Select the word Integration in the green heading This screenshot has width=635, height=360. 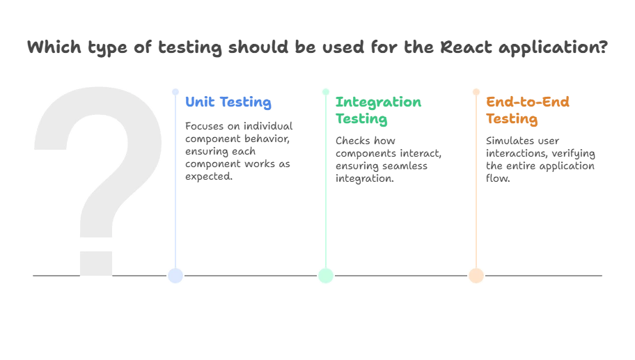click(x=379, y=102)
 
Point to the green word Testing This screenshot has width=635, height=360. click(x=361, y=119)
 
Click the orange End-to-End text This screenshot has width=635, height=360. click(x=527, y=102)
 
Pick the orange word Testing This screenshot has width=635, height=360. click(x=512, y=119)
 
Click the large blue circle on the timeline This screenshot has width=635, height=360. click(x=175, y=276)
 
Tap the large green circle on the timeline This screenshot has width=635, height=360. click(x=325, y=276)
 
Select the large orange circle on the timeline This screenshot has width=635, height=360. click(x=476, y=276)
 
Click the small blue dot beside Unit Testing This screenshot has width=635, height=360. click(x=175, y=92)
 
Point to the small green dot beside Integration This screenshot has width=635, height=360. click(x=325, y=92)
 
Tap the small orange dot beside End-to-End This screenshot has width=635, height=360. click(x=476, y=92)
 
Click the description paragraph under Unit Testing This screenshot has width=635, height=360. click(x=239, y=149)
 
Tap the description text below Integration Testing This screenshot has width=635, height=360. click(x=389, y=159)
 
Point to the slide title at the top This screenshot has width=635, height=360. click(x=317, y=47)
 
